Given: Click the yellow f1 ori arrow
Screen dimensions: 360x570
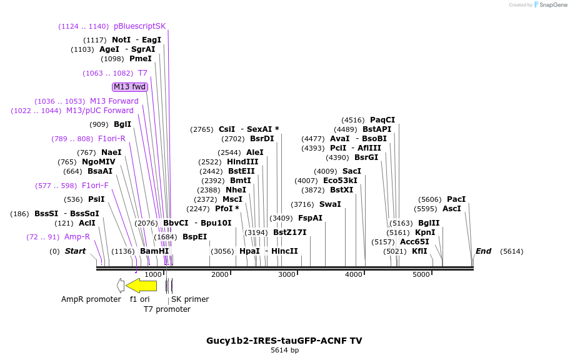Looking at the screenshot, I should click(141, 286).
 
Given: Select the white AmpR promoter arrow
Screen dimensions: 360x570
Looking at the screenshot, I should click(121, 286).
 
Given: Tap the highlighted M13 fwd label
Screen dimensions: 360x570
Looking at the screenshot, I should click(129, 87).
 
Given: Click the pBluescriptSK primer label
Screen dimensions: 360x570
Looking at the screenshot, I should click(139, 26).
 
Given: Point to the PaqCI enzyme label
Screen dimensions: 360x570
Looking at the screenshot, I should click(382, 120).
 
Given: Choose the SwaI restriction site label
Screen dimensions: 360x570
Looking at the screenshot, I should click(330, 204).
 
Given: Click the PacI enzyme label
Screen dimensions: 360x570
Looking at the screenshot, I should click(456, 199).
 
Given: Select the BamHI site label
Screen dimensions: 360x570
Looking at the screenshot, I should click(154, 251).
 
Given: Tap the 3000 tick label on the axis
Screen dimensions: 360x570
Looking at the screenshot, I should click(287, 274).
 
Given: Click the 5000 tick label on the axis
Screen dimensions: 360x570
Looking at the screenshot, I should click(421, 274).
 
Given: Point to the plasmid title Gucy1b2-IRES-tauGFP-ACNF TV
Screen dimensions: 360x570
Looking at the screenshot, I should click(284, 341).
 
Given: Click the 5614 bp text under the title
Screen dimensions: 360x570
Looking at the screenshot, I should click(284, 351).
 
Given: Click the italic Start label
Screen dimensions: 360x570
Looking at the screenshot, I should click(75, 251).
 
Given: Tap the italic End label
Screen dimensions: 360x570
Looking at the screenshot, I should click(483, 251).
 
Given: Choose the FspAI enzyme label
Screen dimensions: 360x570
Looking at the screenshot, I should click(310, 218).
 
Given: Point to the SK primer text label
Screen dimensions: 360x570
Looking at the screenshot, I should click(190, 299).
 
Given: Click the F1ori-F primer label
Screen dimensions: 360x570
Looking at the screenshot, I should click(95, 186).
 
